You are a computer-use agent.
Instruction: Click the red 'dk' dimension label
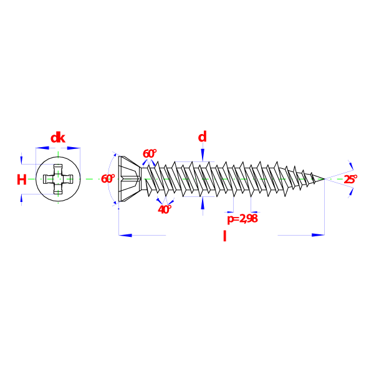pos(58,138)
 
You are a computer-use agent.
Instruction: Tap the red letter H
pos(22,180)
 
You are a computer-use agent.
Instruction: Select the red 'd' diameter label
pos(202,137)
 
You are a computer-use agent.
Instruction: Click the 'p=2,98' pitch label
pos(242,219)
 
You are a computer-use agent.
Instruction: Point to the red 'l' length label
pos(224,236)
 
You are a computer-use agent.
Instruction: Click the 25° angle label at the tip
pos(350,179)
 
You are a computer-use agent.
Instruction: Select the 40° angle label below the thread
pos(165,209)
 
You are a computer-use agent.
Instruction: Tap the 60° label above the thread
pos(150,153)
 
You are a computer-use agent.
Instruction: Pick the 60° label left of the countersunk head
pos(108,179)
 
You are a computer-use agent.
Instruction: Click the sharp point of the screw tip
pos(324,179)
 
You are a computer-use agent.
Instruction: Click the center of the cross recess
pos(58,179)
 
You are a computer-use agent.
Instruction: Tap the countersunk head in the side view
pos(129,179)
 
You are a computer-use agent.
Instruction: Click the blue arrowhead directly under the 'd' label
pos(203,155)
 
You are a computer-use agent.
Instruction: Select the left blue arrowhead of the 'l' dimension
pos(125,235)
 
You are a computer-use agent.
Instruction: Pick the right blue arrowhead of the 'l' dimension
pos(318,235)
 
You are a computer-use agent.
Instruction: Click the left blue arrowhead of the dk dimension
pos(42,148)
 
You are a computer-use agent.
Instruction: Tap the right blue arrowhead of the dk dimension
pos(74,148)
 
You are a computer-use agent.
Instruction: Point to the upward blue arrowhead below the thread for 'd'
pos(203,203)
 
